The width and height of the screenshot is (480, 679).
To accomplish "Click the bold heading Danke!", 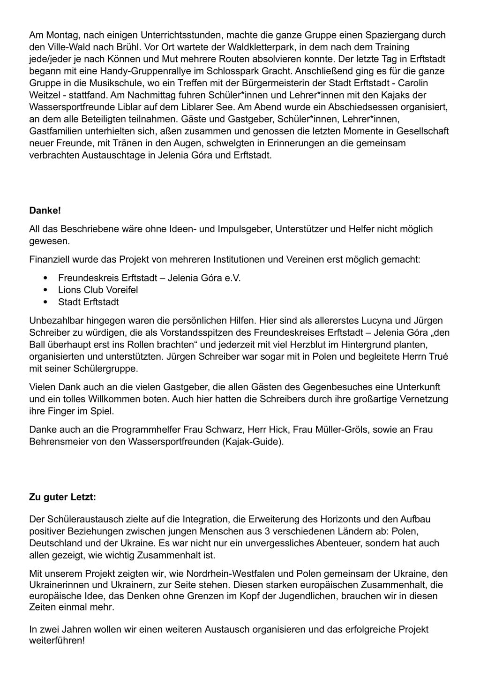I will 45,211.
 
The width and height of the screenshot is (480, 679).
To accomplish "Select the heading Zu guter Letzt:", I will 62,497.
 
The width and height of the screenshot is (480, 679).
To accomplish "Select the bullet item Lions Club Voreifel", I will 98,290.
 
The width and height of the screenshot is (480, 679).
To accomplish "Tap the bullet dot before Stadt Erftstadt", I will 45,302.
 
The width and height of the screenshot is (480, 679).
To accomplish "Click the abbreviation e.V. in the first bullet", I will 232,278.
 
